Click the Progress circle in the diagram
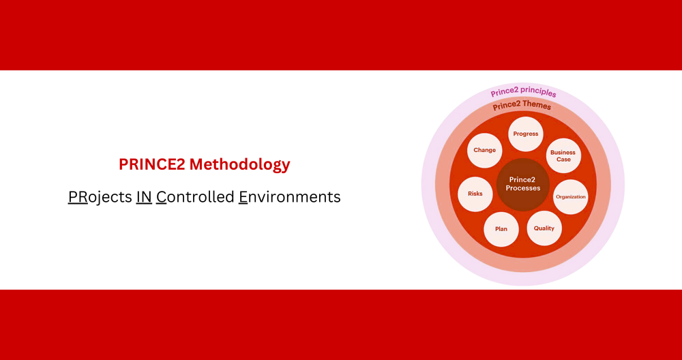[526, 134]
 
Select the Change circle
[484, 150]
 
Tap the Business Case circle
[563, 155]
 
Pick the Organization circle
[570, 197]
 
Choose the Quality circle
[544, 228]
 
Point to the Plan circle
[501, 229]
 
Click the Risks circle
[475, 194]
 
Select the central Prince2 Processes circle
[523, 183]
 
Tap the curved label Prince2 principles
[524, 93]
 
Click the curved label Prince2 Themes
[522, 106]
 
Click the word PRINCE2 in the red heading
[151, 164]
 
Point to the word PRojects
[100, 197]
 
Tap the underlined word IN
[144, 197]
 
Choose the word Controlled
[194, 197]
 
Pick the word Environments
[289, 197]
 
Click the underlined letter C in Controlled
[161, 197]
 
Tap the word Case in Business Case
[563, 160]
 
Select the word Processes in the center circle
[523, 188]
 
